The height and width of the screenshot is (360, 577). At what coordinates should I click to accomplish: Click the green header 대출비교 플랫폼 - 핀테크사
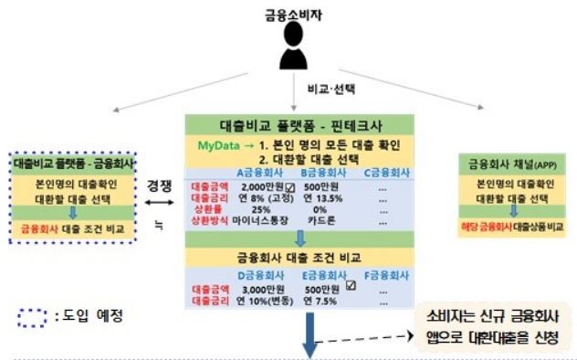tap(299, 124)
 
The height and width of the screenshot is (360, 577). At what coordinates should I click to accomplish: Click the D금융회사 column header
tap(258, 274)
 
